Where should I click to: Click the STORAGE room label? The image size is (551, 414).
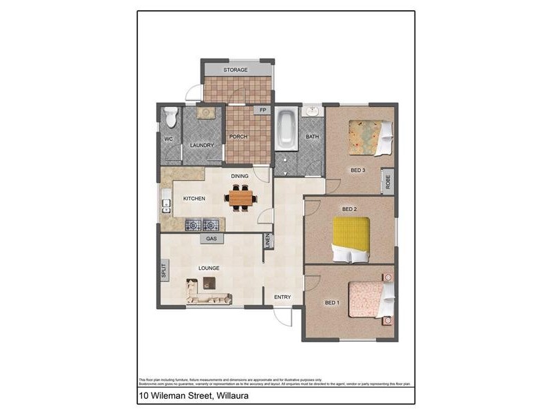[x=236, y=70]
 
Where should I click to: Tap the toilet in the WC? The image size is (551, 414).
[x=171, y=117]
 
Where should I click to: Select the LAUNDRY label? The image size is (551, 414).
[x=202, y=145]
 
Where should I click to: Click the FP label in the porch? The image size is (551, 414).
[x=262, y=110]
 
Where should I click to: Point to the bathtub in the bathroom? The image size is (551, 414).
[x=285, y=129]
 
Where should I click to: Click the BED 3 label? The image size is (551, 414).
[x=358, y=170]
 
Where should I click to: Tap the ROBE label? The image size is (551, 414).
[x=388, y=182]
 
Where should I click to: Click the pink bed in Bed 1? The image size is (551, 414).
[x=370, y=299]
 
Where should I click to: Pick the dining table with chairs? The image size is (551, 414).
[x=241, y=199]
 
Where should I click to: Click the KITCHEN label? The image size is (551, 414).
[x=194, y=199]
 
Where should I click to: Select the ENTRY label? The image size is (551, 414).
[x=282, y=297]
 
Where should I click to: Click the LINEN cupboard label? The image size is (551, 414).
[x=268, y=241]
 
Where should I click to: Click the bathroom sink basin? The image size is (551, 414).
[x=312, y=110]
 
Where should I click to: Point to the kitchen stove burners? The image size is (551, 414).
[x=202, y=225]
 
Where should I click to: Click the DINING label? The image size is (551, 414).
[x=240, y=176]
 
